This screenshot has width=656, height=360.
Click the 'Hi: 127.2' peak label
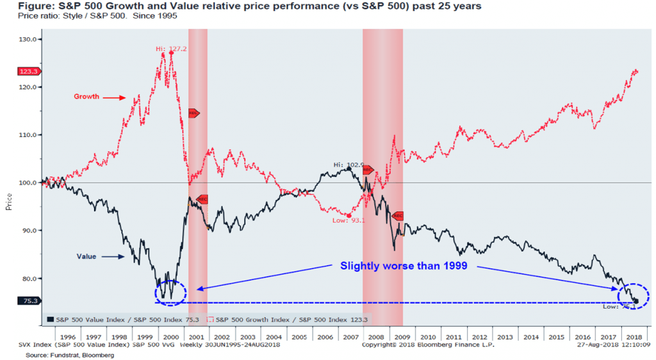[x=170, y=49]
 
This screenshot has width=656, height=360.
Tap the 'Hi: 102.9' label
[x=348, y=165]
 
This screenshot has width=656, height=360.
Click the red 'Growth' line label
[x=86, y=97]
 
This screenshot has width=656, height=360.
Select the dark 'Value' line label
[x=86, y=257]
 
